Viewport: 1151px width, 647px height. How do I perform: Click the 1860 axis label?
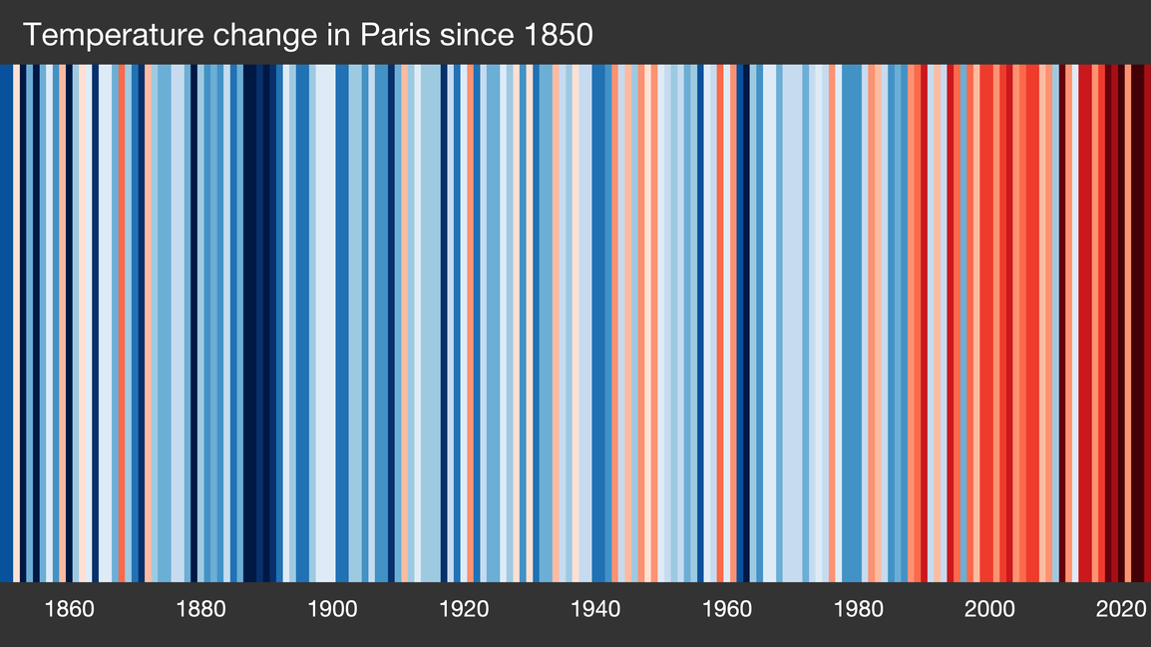[70, 609]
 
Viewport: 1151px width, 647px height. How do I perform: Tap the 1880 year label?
[201, 609]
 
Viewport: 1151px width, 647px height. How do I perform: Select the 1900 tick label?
[332, 609]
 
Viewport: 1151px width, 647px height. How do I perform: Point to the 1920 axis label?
[464, 609]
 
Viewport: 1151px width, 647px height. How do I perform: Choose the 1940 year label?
[595, 609]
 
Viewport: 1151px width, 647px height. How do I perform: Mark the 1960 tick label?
[727, 609]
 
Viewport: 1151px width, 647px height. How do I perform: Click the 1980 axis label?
[859, 609]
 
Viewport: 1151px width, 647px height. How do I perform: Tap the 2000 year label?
[989, 609]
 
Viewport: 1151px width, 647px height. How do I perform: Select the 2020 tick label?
[1121, 609]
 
